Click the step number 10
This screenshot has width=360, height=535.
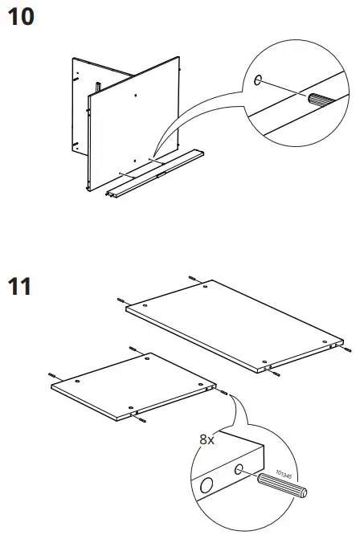tap(22, 18)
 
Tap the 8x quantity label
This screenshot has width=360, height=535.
tap(207, 439)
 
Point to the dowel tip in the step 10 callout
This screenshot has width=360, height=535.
tap(313, 101)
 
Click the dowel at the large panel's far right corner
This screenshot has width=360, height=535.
tap(346, 351)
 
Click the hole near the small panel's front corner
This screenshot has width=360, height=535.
tap(131, 406)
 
